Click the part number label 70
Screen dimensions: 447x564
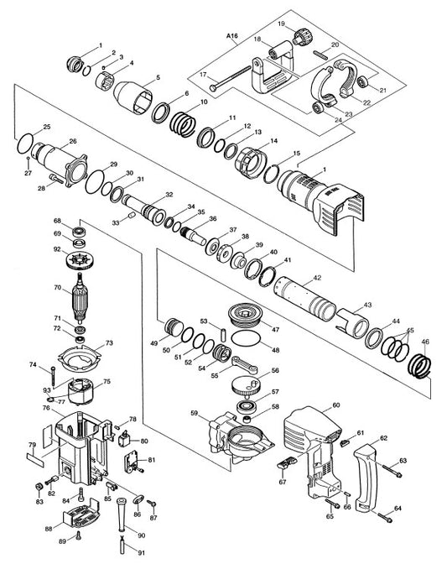coord(58,287)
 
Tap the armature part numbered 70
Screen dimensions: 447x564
coord(80,296)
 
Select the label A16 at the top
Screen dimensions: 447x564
coord(232,36)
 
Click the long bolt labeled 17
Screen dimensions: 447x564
coord(230,77)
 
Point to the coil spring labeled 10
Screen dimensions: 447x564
coord(183,123)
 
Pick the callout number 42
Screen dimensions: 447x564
coord(317,278)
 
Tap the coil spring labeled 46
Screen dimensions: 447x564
coord(420,365)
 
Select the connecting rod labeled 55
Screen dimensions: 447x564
coord(245,365)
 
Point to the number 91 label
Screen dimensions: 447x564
coord(141,552)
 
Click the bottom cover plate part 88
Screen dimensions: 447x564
coord(81,514)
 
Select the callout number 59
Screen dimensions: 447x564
coord(195,413)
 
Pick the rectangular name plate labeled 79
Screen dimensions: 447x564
coord(35,460)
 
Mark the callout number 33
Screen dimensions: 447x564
coord(116,223)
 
